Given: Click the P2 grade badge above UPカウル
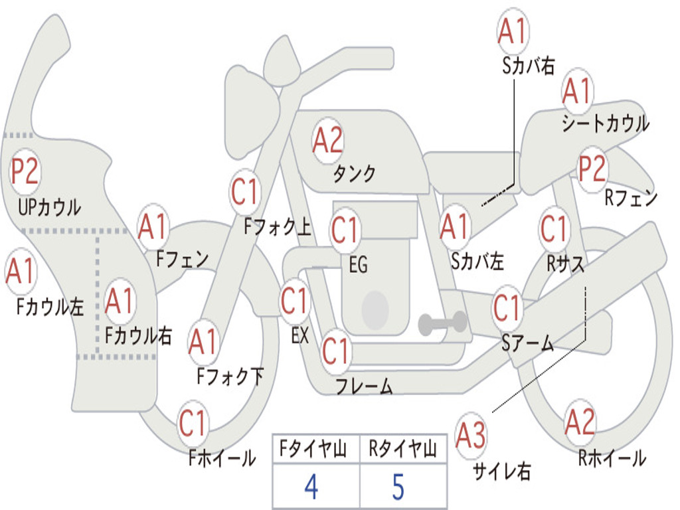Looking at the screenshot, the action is click(x=25, y=171).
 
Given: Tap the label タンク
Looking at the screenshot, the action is click(x=354, y=174).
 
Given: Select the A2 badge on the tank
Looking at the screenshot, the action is click(x=327, y=140).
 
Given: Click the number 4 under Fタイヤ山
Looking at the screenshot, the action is click(x=311, y=487).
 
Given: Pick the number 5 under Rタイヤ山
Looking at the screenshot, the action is click(x=398, y=487).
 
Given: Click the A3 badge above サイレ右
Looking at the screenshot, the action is click(x=471, y=436).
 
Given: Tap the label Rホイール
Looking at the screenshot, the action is click(x=612, y=458).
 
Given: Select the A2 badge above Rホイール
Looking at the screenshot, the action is click(x=580, y=421).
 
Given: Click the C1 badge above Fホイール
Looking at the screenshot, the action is click(x=193, y=423).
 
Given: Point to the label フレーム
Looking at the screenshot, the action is click(x=364, y=386).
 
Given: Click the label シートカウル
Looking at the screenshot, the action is click(x=605, y=124).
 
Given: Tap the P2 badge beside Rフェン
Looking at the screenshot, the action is click(x=592, y=169).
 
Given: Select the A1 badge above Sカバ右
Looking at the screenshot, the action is click(x=512, y=31).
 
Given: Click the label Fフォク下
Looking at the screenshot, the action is click(x=230, y=377).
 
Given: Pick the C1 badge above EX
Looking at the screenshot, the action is click(x=294, y=301).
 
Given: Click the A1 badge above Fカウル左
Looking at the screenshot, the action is click(x=20, y=272).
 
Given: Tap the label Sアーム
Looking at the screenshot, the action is click(x=527, y=344).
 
